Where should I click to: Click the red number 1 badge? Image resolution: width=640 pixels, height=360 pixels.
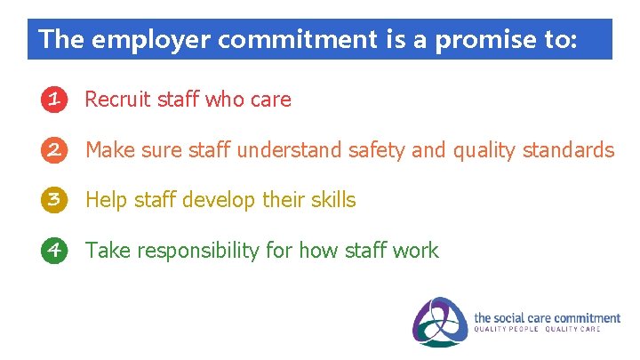pyautogui.click(x=54, y=100)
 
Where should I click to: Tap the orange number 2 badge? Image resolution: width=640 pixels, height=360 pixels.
pyautogui.click(x=54, y=150)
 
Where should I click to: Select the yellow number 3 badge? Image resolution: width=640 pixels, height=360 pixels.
pyautogui.click(x=54, y=200)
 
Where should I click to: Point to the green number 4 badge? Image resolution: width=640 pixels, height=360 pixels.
pyautogui.click(x=54, y=251)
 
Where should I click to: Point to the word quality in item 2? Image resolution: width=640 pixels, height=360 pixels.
pyautogui.click(x=484, y=150)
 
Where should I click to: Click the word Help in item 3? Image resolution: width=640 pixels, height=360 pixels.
pyautogui.click(x=106, y=200)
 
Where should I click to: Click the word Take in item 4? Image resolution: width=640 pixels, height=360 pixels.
pyautogui.click(x=107, y=251)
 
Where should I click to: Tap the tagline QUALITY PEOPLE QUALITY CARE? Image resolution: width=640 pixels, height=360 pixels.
pyautogui.click(x=536, y=329)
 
